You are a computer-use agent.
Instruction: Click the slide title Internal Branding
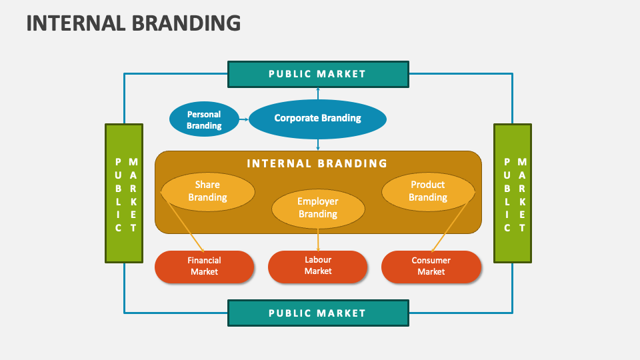click(x=133, y=23)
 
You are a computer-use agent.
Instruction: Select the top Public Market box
click(x=317, y=74)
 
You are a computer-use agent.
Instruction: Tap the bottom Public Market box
click(x=317, y=313)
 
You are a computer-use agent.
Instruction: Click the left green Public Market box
click(x=124, y=193)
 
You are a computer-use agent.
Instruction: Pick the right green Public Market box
click(x=512, y=193)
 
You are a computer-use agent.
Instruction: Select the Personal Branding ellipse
click(x=204, y=120)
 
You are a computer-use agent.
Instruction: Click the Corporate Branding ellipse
click(x=317, y=119)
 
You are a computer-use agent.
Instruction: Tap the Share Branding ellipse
click(x=208, y=191)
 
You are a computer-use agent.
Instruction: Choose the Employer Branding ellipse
click(x=318, y=208)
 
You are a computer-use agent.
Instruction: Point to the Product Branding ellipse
click(x=428, y=191)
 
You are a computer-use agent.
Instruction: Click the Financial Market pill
click(x=204, y=267)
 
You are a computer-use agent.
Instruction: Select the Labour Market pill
click(x=318, y=266)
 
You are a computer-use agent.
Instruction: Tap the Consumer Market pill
click(x=431, y=267)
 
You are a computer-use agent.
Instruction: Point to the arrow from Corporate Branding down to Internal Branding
click(x=318, y=143)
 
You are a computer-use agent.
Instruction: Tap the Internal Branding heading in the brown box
click(x=317, y=163)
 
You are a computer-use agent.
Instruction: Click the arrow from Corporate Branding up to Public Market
click(x=318, y=94)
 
